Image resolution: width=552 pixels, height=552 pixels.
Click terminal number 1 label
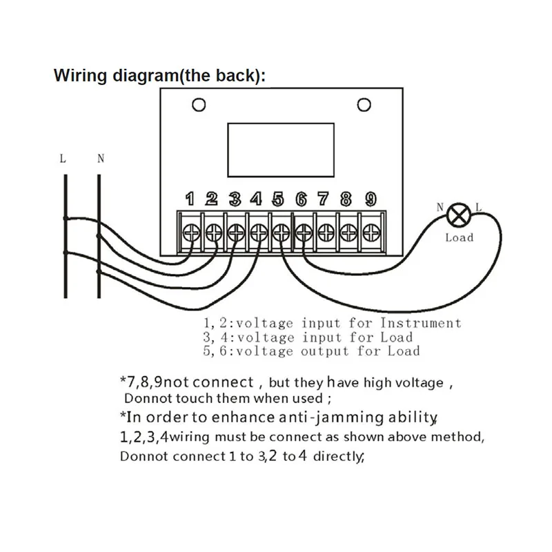tap(190, 199)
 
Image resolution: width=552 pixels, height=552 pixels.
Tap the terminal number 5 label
tap(278, 199)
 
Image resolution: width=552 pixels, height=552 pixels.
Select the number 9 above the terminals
tap(371, 199)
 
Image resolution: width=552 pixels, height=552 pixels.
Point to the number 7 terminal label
tap(323, 199)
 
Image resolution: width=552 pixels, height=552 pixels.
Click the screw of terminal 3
tap(236, 230)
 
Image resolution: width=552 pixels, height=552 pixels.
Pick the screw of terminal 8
tap(349, 230)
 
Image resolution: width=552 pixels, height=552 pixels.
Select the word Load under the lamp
tap(459, 237)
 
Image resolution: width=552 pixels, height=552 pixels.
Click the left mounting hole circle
tap(199, 105)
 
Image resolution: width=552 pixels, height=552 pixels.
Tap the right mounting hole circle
tap(363, 105)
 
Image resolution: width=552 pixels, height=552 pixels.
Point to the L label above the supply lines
tap(63, 159)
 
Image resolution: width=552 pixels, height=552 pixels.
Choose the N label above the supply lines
tap(101, 159)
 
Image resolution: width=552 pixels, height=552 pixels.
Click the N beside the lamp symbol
tap(440, 206)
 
